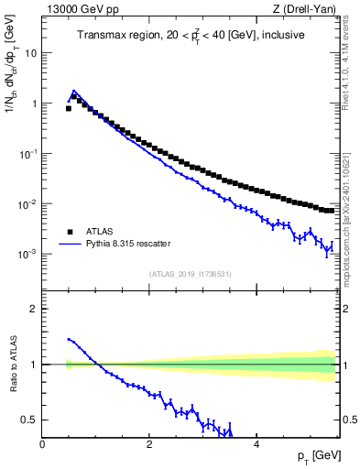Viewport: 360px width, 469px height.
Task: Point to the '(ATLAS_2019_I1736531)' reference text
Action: tap(190, 273)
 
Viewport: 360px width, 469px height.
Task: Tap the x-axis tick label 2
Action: tap(149, 443)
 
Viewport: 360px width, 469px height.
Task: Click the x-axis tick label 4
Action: tap(256, 443)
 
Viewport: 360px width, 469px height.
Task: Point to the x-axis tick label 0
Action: tap(43, 443)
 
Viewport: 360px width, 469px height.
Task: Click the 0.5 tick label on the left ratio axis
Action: tap(29, 420)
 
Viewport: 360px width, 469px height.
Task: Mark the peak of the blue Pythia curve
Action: tap(73, 91)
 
